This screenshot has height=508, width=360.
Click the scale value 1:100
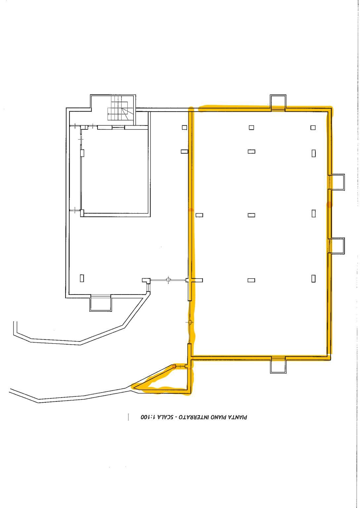[x=147, y=417]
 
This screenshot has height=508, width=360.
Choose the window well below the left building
[x=101, y=303]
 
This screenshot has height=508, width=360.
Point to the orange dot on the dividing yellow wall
[x=191, y=210]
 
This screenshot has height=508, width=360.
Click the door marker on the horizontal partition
[x=168, y=280]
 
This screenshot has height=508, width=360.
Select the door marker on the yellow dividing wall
[x=190, y=322]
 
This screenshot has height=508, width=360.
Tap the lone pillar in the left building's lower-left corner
[x=82, y=278]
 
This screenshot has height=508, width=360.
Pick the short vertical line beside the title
[x=128, y=417]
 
